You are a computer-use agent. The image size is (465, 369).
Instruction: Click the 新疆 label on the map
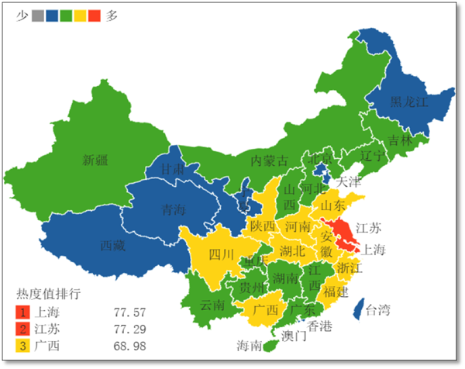96,160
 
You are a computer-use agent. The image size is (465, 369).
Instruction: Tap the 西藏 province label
113,246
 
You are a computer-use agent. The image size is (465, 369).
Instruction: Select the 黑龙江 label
408,102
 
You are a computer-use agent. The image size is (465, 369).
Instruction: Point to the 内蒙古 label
269,161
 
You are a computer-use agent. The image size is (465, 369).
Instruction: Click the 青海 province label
174,209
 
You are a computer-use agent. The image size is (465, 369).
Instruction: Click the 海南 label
250,345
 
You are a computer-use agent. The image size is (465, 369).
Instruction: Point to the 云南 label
212,305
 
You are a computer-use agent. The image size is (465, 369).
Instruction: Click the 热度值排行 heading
49,295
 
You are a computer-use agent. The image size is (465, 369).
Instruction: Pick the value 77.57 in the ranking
129,312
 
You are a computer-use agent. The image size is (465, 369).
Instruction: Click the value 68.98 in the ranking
129,346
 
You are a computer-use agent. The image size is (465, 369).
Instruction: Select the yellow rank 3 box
23,346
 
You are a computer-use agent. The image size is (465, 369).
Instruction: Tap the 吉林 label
401,140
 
